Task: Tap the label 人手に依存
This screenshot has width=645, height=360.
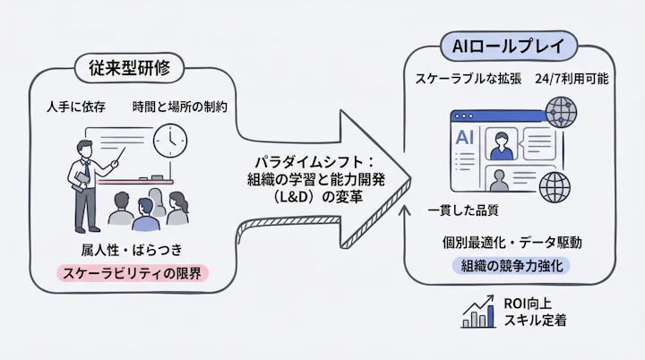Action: tap(76, 107)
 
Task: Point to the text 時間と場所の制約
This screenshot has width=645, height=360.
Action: tap(180, 107)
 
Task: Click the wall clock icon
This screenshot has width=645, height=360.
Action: tap(169, 140)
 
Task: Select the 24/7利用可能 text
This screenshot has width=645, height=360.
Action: tap(571, 80)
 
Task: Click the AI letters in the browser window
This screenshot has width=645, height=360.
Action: tap(464, 139)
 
